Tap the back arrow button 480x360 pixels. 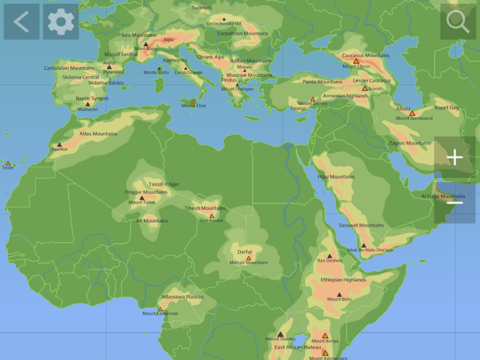21,22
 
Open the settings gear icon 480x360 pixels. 61,22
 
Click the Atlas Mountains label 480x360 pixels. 98,134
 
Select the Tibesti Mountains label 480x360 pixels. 204,208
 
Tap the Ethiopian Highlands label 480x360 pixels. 342,280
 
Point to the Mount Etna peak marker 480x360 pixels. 193,99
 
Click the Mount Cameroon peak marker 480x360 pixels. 160,309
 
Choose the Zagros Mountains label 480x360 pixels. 409,143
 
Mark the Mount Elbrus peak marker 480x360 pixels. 356,61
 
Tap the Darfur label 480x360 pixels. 245,252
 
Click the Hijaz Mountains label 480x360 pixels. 336,176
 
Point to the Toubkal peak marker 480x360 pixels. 59,145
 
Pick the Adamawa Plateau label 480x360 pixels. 182,296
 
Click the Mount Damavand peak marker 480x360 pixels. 412,113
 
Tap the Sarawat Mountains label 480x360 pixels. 361,225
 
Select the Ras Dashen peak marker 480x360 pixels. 329,256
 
